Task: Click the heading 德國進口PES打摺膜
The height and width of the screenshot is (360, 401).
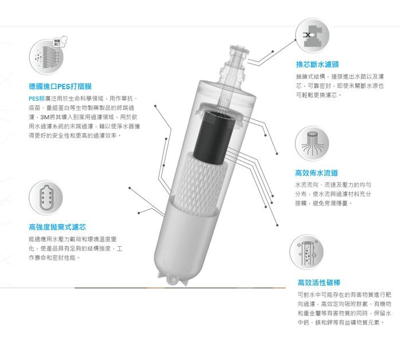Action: pyautogui.click(x=60, y=86)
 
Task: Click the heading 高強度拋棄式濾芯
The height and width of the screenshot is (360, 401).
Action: pyautogui.click(x=57, y=227)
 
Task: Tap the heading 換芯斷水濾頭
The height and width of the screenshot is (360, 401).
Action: pyautogui.click(x=317, y=64)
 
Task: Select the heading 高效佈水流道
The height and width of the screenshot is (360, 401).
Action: pyautogui.click(x=317, y=173)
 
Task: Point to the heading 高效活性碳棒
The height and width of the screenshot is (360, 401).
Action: pyautogui.click(x=319, y=282)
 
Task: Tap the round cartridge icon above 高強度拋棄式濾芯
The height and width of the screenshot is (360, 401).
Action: pyautogui.click(x=46, y=197)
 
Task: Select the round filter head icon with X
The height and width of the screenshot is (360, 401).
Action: pyautogui.click(x=312, y=35)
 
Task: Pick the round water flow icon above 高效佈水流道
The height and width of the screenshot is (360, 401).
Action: pyautogui.click(x=312, y=143)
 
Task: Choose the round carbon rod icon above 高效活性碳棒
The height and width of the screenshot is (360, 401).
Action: pyautogui.click(x=306, y=252)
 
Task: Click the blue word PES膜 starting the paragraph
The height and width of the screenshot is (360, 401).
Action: pyautogui.click(x=37, y=98)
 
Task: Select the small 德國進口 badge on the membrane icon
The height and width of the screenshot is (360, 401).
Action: pyautogui.click(x=57, y=42)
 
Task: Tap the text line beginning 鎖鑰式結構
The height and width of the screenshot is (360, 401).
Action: pyautogui.click(x=340, y=76)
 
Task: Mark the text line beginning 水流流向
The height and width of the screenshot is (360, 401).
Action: pyautogui.click(x=333, y=185)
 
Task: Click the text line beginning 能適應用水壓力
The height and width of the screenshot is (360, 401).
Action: pyautogui.click(x=73, y=239)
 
